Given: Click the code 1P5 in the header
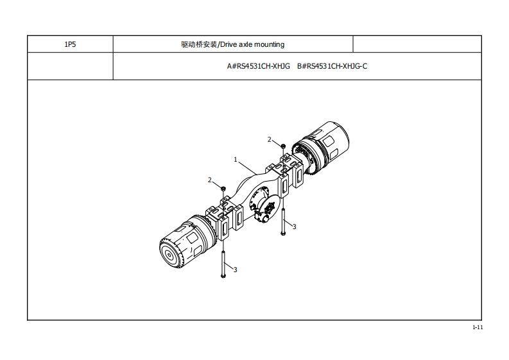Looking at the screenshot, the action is click(x=70, y=45).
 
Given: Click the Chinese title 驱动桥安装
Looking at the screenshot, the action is click(x=199, y=45).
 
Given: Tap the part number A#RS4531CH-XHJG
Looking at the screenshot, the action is click(x=259, y=66).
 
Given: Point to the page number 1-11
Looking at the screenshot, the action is click(x=477, y=328).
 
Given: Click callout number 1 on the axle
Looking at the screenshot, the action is click(x=236, y=159).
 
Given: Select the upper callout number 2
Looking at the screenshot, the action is click(x=270, y=139).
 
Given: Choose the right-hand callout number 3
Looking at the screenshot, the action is click(x=294, y=227).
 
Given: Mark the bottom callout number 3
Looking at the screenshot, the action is click(x=236, y=270).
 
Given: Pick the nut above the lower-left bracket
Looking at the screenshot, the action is click(x=223, y=188).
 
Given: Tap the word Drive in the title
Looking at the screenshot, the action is click(x=229, y=45).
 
